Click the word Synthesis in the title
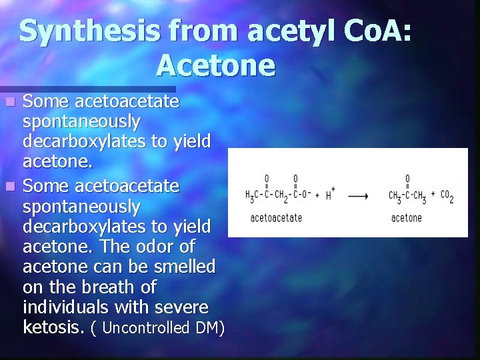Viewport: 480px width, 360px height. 89,32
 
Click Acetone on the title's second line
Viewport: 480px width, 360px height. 215,65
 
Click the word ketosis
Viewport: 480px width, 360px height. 55,327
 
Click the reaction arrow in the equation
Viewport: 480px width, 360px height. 358,196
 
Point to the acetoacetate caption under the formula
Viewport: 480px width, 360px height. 276,218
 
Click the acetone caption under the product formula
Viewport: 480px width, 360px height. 406,218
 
